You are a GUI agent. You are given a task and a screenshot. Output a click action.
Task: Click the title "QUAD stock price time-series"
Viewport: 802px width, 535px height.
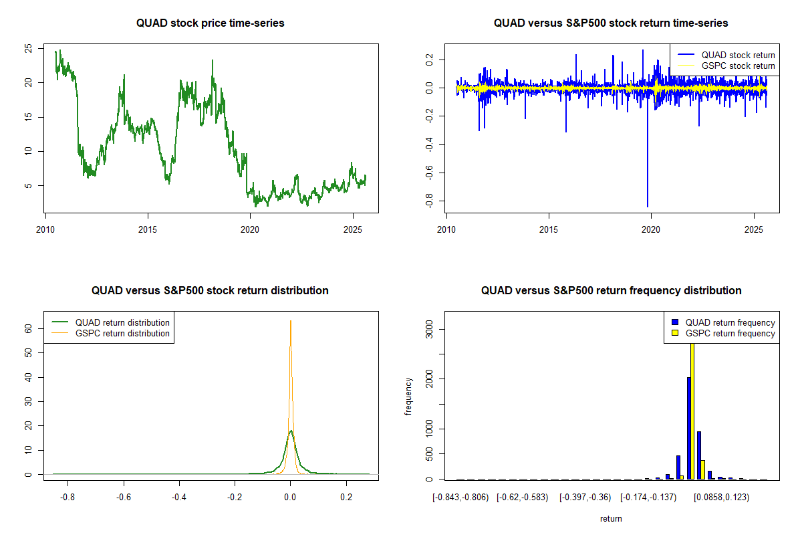tap(210, 23)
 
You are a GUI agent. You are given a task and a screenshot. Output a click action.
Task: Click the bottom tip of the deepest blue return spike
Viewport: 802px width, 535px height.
tap(647, 207)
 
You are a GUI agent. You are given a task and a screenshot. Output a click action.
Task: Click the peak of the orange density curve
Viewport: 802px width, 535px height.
tap(290, 321)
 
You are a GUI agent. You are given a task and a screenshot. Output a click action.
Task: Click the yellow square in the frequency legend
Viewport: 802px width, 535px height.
tap(676, 333)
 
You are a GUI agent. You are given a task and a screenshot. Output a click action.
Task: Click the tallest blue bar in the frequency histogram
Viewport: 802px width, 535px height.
tap(688, 428)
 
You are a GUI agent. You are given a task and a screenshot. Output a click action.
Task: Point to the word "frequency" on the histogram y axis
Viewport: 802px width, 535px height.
tap(408, 396)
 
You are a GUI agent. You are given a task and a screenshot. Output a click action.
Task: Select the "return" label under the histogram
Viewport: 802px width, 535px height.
tap(611, 518)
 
